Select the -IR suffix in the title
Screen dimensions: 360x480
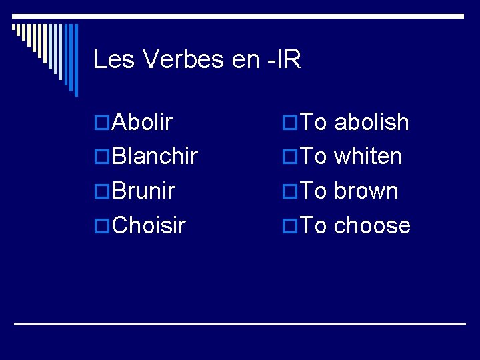pyautogui.click(x=285, y=60)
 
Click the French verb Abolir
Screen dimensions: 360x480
pyautogui.click(x=143, y=122)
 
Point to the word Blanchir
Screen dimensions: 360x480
pyautogui.click(x=155, y=157)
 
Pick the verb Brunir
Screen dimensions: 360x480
pyautogui.click(x=144, y=191)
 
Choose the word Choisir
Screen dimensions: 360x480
pyautogui.click(x=149, y=225)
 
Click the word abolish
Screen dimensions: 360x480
pyautogui.click(x=371, y=122)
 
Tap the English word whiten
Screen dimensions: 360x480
pyautogui.click(x=368, y=157)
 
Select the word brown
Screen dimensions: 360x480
pyautogui.click(x=366, y=191)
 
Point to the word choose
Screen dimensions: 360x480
pyautogui.click(x=372, y=226)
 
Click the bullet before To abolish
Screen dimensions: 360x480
pyautogui.click(x=289, y=123)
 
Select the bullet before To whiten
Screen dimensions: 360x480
pyautogui.click(x=289, y=157)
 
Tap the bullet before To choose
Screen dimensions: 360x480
pyautogui.click(x=289, y=226)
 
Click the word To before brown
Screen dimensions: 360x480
pyautogui.click(x=313, y=191)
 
